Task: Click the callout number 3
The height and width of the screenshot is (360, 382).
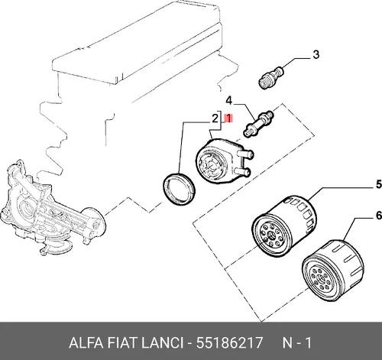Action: coord(316,54)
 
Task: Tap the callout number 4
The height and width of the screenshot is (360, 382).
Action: coord(229,101)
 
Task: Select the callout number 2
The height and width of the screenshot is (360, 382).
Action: coord(215,118)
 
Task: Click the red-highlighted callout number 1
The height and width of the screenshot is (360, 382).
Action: coord(228,118)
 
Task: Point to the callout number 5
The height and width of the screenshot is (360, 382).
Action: coord(379,184)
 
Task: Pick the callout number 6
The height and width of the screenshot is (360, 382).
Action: coord(379,216)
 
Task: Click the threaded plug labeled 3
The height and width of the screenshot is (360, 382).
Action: coord(270,77)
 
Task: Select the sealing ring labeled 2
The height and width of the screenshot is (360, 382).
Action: coord(180,189)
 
